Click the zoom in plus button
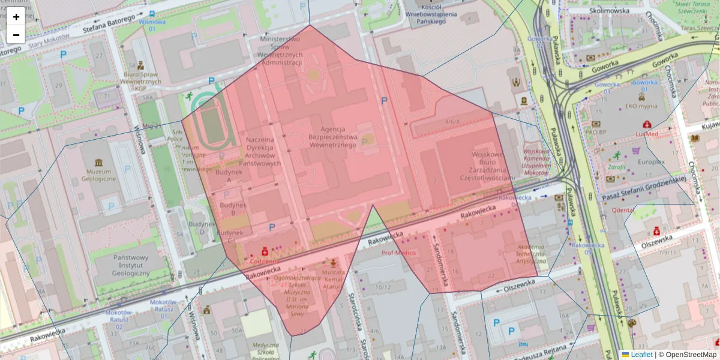point(16,17)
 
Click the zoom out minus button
point(16,35)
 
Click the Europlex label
point(651,162)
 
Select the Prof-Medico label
point(398,253)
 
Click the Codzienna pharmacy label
point(264,262)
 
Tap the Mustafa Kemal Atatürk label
point(334,280)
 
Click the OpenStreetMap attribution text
point(690,355)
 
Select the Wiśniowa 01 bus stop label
point(151,25)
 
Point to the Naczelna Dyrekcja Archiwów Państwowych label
point(260,151)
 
